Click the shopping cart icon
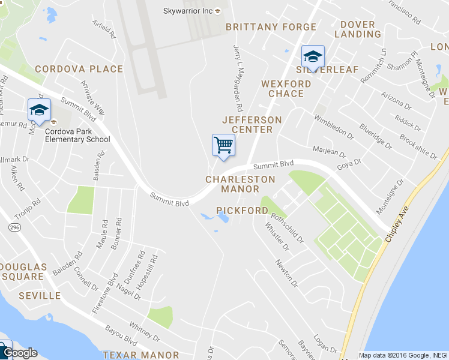(223, 145)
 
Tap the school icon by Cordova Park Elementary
(39, 110)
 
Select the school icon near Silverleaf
(312, 57)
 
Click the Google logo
(19, 353)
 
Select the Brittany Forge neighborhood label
(271, 27)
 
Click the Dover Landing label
(357, 29)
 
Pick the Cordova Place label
(79, 69)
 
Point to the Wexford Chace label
(286, 89)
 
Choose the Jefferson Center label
(252, 124)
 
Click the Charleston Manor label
(240, 184)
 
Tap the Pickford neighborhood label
(242, 211)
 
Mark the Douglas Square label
(23, 271)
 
